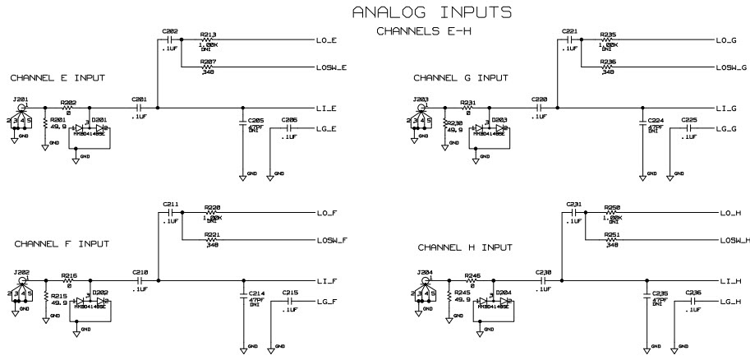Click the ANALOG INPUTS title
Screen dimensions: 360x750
tap(432, 12)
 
